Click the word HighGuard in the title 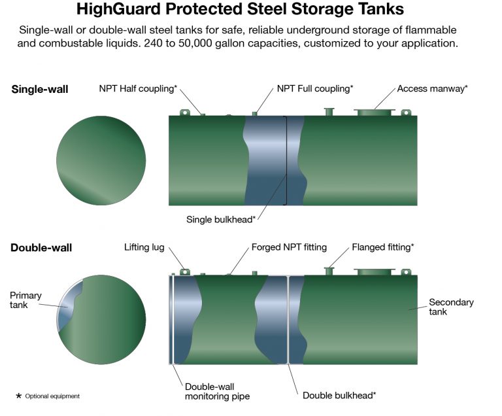118,9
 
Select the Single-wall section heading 40,89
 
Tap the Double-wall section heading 41,248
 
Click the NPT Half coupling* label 138,89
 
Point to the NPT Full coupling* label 315,89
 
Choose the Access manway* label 433,89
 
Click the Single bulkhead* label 221,220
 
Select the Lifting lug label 144,247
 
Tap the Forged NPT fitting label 289,247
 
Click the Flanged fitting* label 383,247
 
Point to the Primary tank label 25,300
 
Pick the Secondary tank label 451,307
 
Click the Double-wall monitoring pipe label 218,391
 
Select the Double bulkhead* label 339,396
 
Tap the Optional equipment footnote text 52,396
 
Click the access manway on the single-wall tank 375,112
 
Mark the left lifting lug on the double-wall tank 185,272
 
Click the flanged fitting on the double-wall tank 329,271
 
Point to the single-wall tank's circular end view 101,160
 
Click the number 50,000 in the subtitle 195,43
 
